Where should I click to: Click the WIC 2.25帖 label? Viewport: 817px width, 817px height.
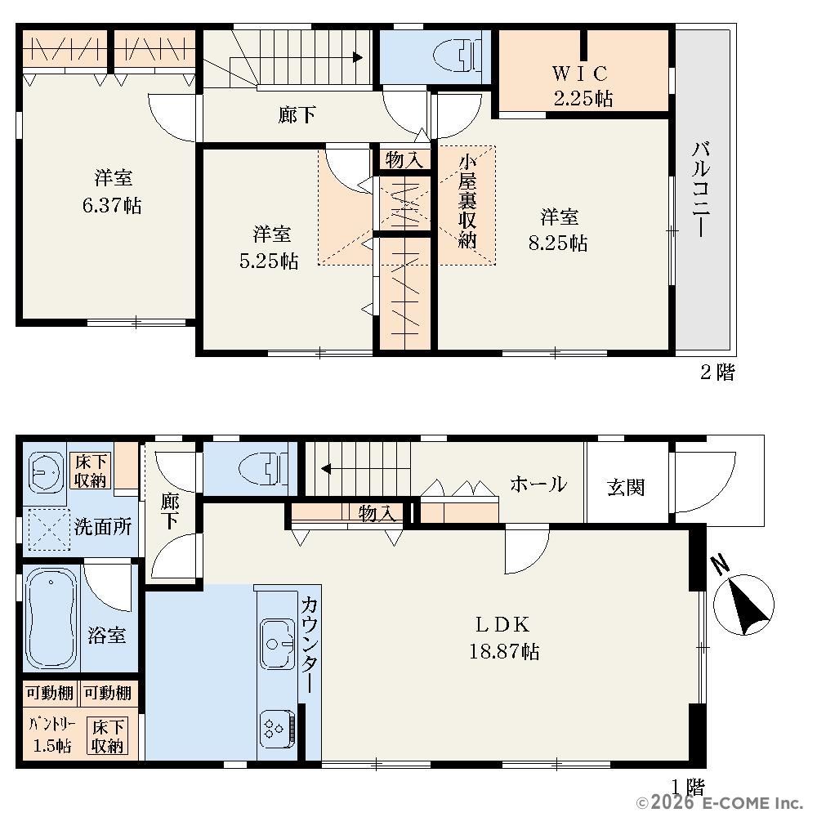tap(582, 86)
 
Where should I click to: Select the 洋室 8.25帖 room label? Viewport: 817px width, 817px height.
tap(559, 230)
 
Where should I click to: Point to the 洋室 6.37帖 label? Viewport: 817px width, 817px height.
tap(112, 191)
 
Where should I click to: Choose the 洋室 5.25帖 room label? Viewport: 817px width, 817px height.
tap(270, 248)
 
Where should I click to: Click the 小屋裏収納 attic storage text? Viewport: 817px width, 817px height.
tap(467, 202)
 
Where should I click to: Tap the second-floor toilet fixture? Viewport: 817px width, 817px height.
tap(458, 56)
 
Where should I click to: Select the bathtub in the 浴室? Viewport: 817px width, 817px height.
tap(51, 618)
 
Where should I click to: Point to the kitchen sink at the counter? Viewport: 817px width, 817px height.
tap(278, 644)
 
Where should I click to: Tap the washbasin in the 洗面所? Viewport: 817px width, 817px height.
tap(46, 471)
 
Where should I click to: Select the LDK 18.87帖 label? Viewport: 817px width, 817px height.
tap(504, 638)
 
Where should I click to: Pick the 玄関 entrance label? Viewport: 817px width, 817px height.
tap(626, 488)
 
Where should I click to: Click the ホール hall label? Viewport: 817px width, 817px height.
tap(538, 484)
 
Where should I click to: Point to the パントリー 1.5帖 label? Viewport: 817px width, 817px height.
tap(52, 734)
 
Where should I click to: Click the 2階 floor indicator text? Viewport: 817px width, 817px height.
tap(717, 372)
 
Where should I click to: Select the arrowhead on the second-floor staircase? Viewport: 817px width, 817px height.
tap(358, 57)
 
